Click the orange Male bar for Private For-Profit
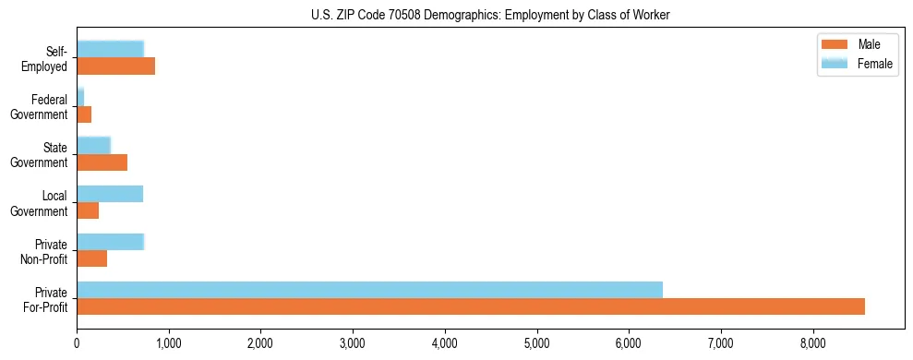(x=471, y=306)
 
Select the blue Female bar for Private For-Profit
(x=369, y=290)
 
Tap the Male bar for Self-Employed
(x=115, y=66)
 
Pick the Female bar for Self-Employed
(x=110, y=49)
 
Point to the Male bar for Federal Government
(x=84, y=114)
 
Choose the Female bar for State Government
(x=93, y=145)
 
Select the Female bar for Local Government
(x=110, y=194)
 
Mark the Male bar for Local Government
(x=88, y=210)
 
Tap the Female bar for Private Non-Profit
(x=110, y=242)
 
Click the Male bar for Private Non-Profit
(x=91, y=258)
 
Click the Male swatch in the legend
(x=835, y=45)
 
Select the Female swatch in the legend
(x=835, y=63)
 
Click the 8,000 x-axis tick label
(x=812, y=344)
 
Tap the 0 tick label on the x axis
(x=77, y=344)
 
